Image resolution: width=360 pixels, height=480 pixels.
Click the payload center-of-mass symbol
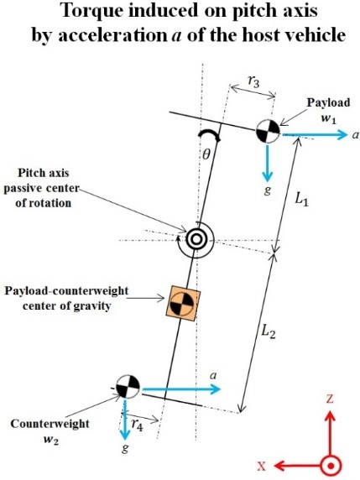[x=268, y=131]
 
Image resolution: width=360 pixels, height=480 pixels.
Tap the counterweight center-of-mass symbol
[x=128, y=386]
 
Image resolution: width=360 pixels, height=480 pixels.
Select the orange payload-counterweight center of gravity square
[x=183, y=304]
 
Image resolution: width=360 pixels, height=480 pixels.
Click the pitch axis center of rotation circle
[x=196, y=239]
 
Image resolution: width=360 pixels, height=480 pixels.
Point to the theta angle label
[x=206, y=155]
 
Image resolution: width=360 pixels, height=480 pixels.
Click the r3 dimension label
[x=253, y=81]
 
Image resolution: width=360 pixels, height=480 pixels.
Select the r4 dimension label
[x=137, y=425]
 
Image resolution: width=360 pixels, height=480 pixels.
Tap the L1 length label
[x=301, y=200]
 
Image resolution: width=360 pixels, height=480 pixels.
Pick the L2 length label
[x=269, y=331]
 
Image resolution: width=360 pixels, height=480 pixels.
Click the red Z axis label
[x=330, y=399]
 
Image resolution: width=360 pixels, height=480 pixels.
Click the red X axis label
[x=262, y=467]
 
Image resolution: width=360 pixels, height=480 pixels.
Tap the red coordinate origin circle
[x=331, y=467]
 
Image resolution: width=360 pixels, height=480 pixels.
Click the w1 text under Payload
[x=329, y=119]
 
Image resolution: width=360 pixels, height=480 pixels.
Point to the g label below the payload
[x=267, y=190]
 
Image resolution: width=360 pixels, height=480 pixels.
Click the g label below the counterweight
[x=125, y=448]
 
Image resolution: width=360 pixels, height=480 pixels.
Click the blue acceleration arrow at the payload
[x=315, y=134]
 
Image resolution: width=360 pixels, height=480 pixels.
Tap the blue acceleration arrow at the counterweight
[x=181, y=389]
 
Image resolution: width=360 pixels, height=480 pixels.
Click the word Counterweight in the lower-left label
[x=50, y=424]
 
